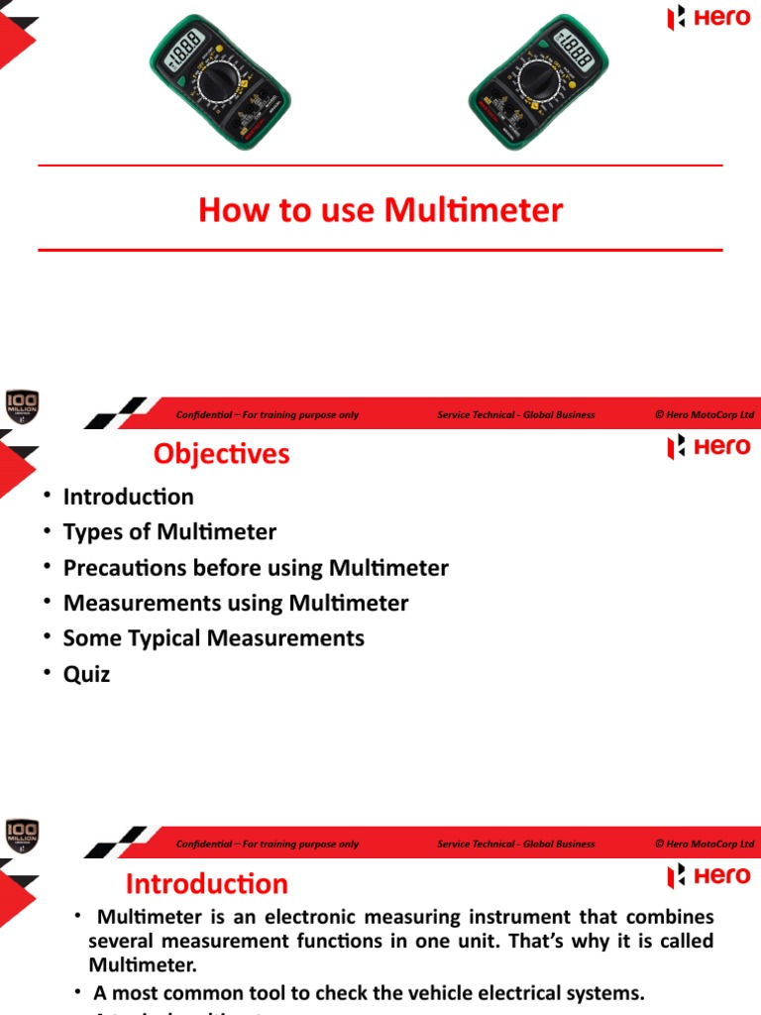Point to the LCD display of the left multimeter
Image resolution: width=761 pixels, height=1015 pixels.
pyautogui.click(x=185, y=47)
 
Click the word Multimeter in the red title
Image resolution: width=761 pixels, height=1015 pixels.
pyautogui.click(x=474, y=210)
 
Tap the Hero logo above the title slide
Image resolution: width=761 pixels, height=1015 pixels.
pyautogui.click(x=708, y=18)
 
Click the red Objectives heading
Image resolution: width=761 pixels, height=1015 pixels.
pyautogui.click(x=221, y=453)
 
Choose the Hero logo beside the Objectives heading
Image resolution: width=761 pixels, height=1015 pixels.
pyautogui.click(x=708, y=447)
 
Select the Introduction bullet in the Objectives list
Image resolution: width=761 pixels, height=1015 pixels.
pyautogui.click(x=128, y=497)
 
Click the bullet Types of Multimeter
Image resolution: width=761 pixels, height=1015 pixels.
pyautogui.click(x=169, y=532)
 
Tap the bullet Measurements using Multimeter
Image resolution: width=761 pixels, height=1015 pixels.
pyautogui.click(x=235, y=603)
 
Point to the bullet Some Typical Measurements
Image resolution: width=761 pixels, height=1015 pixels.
pyautogui.click(x=213, y=638)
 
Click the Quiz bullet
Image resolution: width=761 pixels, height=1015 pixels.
pyautogui.click(x=86, y=674)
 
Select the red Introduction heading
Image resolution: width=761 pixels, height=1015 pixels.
pyautogui.click(x=207, y=884)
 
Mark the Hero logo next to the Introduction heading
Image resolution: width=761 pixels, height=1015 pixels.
pyautogui.click(x=708, y=876)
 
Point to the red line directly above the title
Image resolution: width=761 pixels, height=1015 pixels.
pyautogui.click(x=380, y=166)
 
